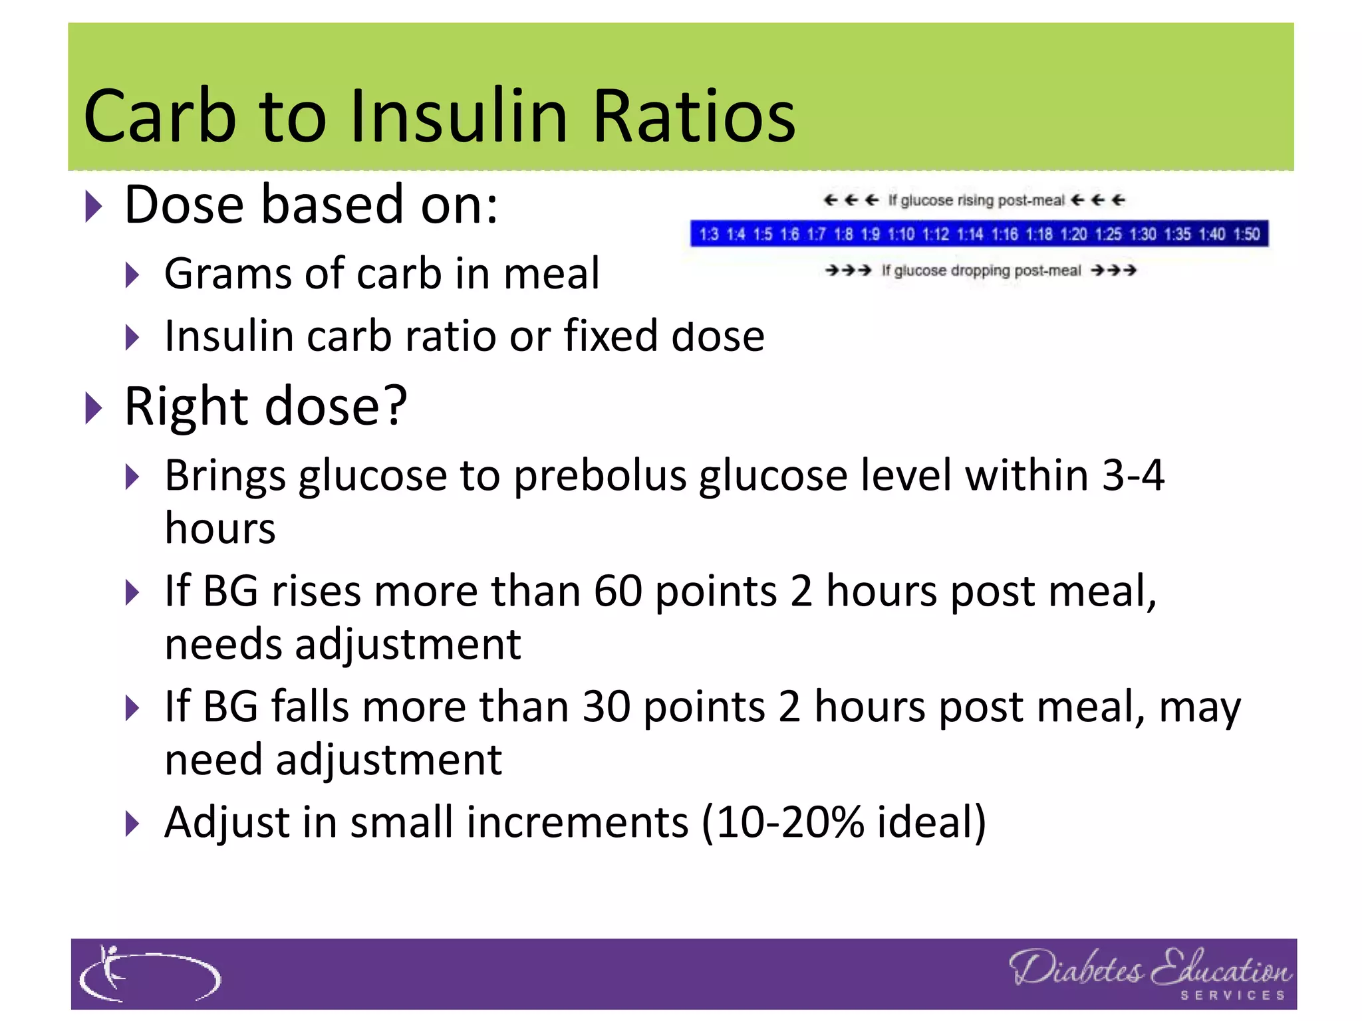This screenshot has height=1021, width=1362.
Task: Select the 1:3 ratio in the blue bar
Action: pos(709,234)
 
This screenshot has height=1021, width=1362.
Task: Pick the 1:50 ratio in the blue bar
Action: pos(1246,234)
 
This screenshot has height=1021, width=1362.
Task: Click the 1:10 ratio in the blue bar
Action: pos(901,234)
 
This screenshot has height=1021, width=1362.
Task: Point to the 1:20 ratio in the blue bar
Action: pos(1073,234)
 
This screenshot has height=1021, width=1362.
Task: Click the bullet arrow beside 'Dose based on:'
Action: pos(94,207)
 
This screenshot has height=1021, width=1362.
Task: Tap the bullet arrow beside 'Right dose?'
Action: pos(94,407)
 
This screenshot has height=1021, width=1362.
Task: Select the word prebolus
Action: pos(600,476)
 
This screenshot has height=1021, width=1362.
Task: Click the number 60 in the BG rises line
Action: pos(618,591)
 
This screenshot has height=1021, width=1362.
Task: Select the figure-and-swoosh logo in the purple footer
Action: pos(149,974)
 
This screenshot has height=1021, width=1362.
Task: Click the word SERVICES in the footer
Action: pos(1232,995)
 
